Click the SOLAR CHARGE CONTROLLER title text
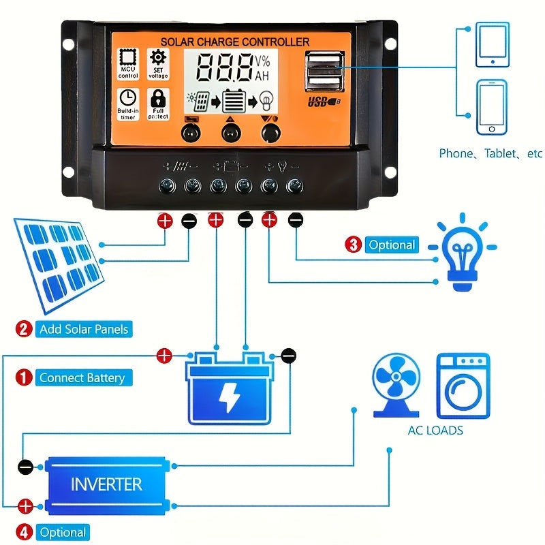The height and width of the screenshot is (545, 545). point(235,42)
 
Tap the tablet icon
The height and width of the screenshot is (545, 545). point(493,45)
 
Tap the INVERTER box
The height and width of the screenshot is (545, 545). point(106,485)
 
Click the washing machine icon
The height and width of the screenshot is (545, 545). point(463,385)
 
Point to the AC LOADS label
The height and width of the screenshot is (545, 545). point(435,431)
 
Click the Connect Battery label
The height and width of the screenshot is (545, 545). point(82,377)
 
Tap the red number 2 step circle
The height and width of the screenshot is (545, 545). point(24,330)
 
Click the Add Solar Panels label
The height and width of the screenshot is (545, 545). point(84,329)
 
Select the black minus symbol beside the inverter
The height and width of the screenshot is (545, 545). point(25,467)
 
